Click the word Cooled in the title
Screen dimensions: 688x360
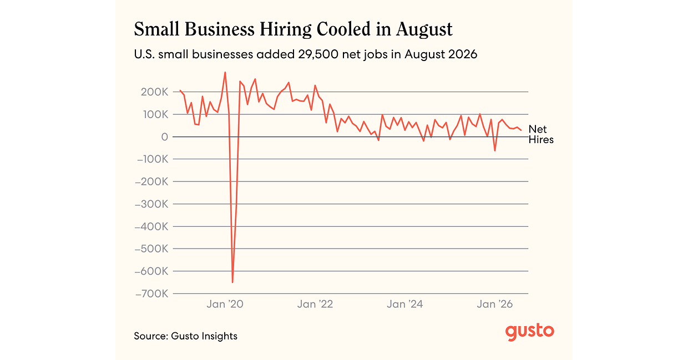pyautogui.click(x=343, y=29)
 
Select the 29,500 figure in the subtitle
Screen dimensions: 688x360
pyautogui.click(x=318, y=54)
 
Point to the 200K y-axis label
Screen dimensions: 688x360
pyautogui.click(x=154, y=92)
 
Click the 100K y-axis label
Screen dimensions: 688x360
pyautogui.click(x=155, y=115)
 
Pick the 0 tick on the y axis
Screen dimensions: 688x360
pyautogui.click(x=165, y=137)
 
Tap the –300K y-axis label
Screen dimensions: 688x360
pyautogui.click(x=151, y=204)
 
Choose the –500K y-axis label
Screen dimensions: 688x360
pyautogui.click(x=151, y=249)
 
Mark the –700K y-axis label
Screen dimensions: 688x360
pyautogui.click(x=151, y=293)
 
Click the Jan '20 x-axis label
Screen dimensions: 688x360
pyautogui.click(x=225, y=304)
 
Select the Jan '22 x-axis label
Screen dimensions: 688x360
pyautogui.click(x=315, y=304)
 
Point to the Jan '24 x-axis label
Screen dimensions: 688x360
pyautogui.click(x=405, y=304)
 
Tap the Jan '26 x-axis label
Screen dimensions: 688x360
pyautogui.click(x=495, y=304)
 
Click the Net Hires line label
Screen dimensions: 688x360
pyautogui.click(x=541, y=135)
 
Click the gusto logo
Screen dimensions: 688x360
pyautogui.click(x=530, y=332)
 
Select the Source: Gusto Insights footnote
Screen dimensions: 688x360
pyautogui.click(x=185, y=336)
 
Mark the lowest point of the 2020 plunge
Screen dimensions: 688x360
pyautogui.click(x=232, y=282)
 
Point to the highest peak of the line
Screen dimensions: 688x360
pyautogui.click(x=225, y=73)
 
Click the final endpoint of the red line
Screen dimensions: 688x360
pyautogui.click(x=521, y=130)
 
